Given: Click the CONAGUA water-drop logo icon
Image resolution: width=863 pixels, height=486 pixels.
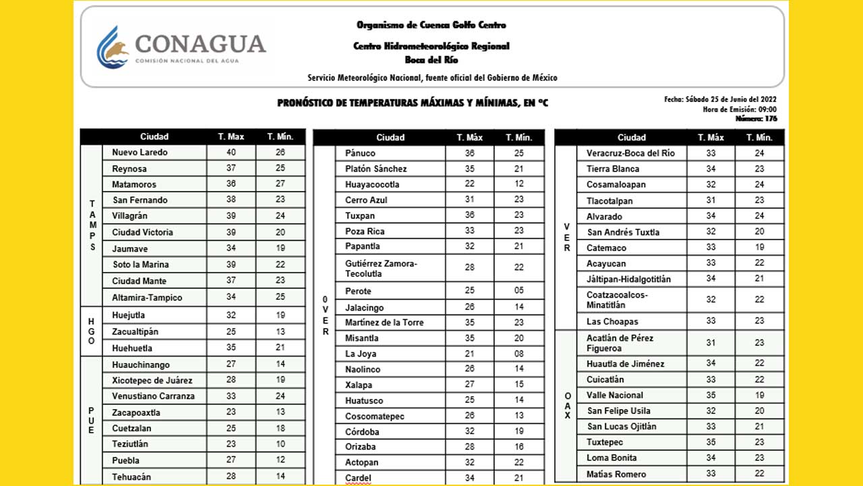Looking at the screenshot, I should pos(113,47).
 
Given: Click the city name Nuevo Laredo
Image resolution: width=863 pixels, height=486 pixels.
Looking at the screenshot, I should pos(140,153).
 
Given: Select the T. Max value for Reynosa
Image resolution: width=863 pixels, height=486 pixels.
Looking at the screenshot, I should pos(231,169).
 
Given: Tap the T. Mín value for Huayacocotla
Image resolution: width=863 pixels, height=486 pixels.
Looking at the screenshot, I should pos(519,184).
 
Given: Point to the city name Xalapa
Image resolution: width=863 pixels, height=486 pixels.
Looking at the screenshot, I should pos(359,385).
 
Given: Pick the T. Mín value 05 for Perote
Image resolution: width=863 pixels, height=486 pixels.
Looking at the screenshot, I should pos(519,291).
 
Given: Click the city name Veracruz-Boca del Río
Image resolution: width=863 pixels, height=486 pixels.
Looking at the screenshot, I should pos(630,153).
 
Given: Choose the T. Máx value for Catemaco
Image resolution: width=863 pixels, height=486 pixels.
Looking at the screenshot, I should pos(711,248).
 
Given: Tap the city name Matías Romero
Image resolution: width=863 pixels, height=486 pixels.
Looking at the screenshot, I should pos(616,475).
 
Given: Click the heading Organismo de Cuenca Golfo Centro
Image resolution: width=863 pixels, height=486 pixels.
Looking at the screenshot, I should pos(431,25).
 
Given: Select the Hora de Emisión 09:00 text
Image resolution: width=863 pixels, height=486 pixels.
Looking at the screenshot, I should pos(740,109).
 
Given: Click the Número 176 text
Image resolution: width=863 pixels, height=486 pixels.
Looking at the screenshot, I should pos(756,119).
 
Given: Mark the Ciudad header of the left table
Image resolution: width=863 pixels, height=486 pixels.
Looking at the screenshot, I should pos(154,137).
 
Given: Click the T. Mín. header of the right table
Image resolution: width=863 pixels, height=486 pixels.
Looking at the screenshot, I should pos(759,138).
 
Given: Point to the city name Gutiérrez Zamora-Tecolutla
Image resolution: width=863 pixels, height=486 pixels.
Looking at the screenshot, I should pos(382,269).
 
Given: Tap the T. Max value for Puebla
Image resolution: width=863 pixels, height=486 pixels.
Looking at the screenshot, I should pos(231,460).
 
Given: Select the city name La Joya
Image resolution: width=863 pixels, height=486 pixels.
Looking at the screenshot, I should pos(361,354).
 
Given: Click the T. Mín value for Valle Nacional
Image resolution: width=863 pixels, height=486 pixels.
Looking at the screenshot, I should pos(759,395).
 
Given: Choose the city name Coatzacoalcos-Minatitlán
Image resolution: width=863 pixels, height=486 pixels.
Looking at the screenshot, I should pos(617,300).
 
